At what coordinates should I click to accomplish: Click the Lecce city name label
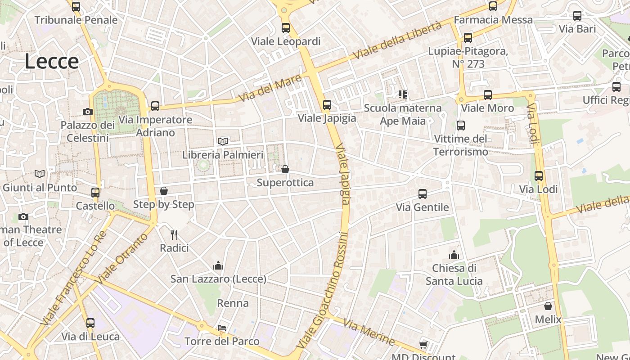(51, 61)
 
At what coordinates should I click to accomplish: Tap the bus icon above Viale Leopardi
(286, 28)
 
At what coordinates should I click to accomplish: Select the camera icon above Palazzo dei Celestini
(88, 112)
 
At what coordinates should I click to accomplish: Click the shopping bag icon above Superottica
(285, 169)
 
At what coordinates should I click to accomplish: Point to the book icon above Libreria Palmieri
(223, 141)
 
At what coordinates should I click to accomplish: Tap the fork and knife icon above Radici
(174, 234)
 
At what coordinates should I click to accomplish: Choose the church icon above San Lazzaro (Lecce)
(218, 265)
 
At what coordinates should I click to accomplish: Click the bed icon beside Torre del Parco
(221, 328)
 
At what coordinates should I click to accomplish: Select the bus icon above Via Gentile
(422, 194)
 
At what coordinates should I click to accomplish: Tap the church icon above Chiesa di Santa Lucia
(454, 255)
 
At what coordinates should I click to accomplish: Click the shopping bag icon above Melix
(548, 306)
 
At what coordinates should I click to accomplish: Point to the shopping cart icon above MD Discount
(423, 345)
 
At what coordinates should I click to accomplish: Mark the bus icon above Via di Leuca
(90, 323)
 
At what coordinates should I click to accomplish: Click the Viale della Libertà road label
(398, 40)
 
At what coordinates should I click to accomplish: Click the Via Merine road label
(369, 332)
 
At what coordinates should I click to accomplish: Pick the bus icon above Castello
(95, 193)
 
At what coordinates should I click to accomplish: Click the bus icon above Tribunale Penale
(76, 7)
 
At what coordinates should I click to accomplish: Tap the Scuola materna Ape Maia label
(403, 114)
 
